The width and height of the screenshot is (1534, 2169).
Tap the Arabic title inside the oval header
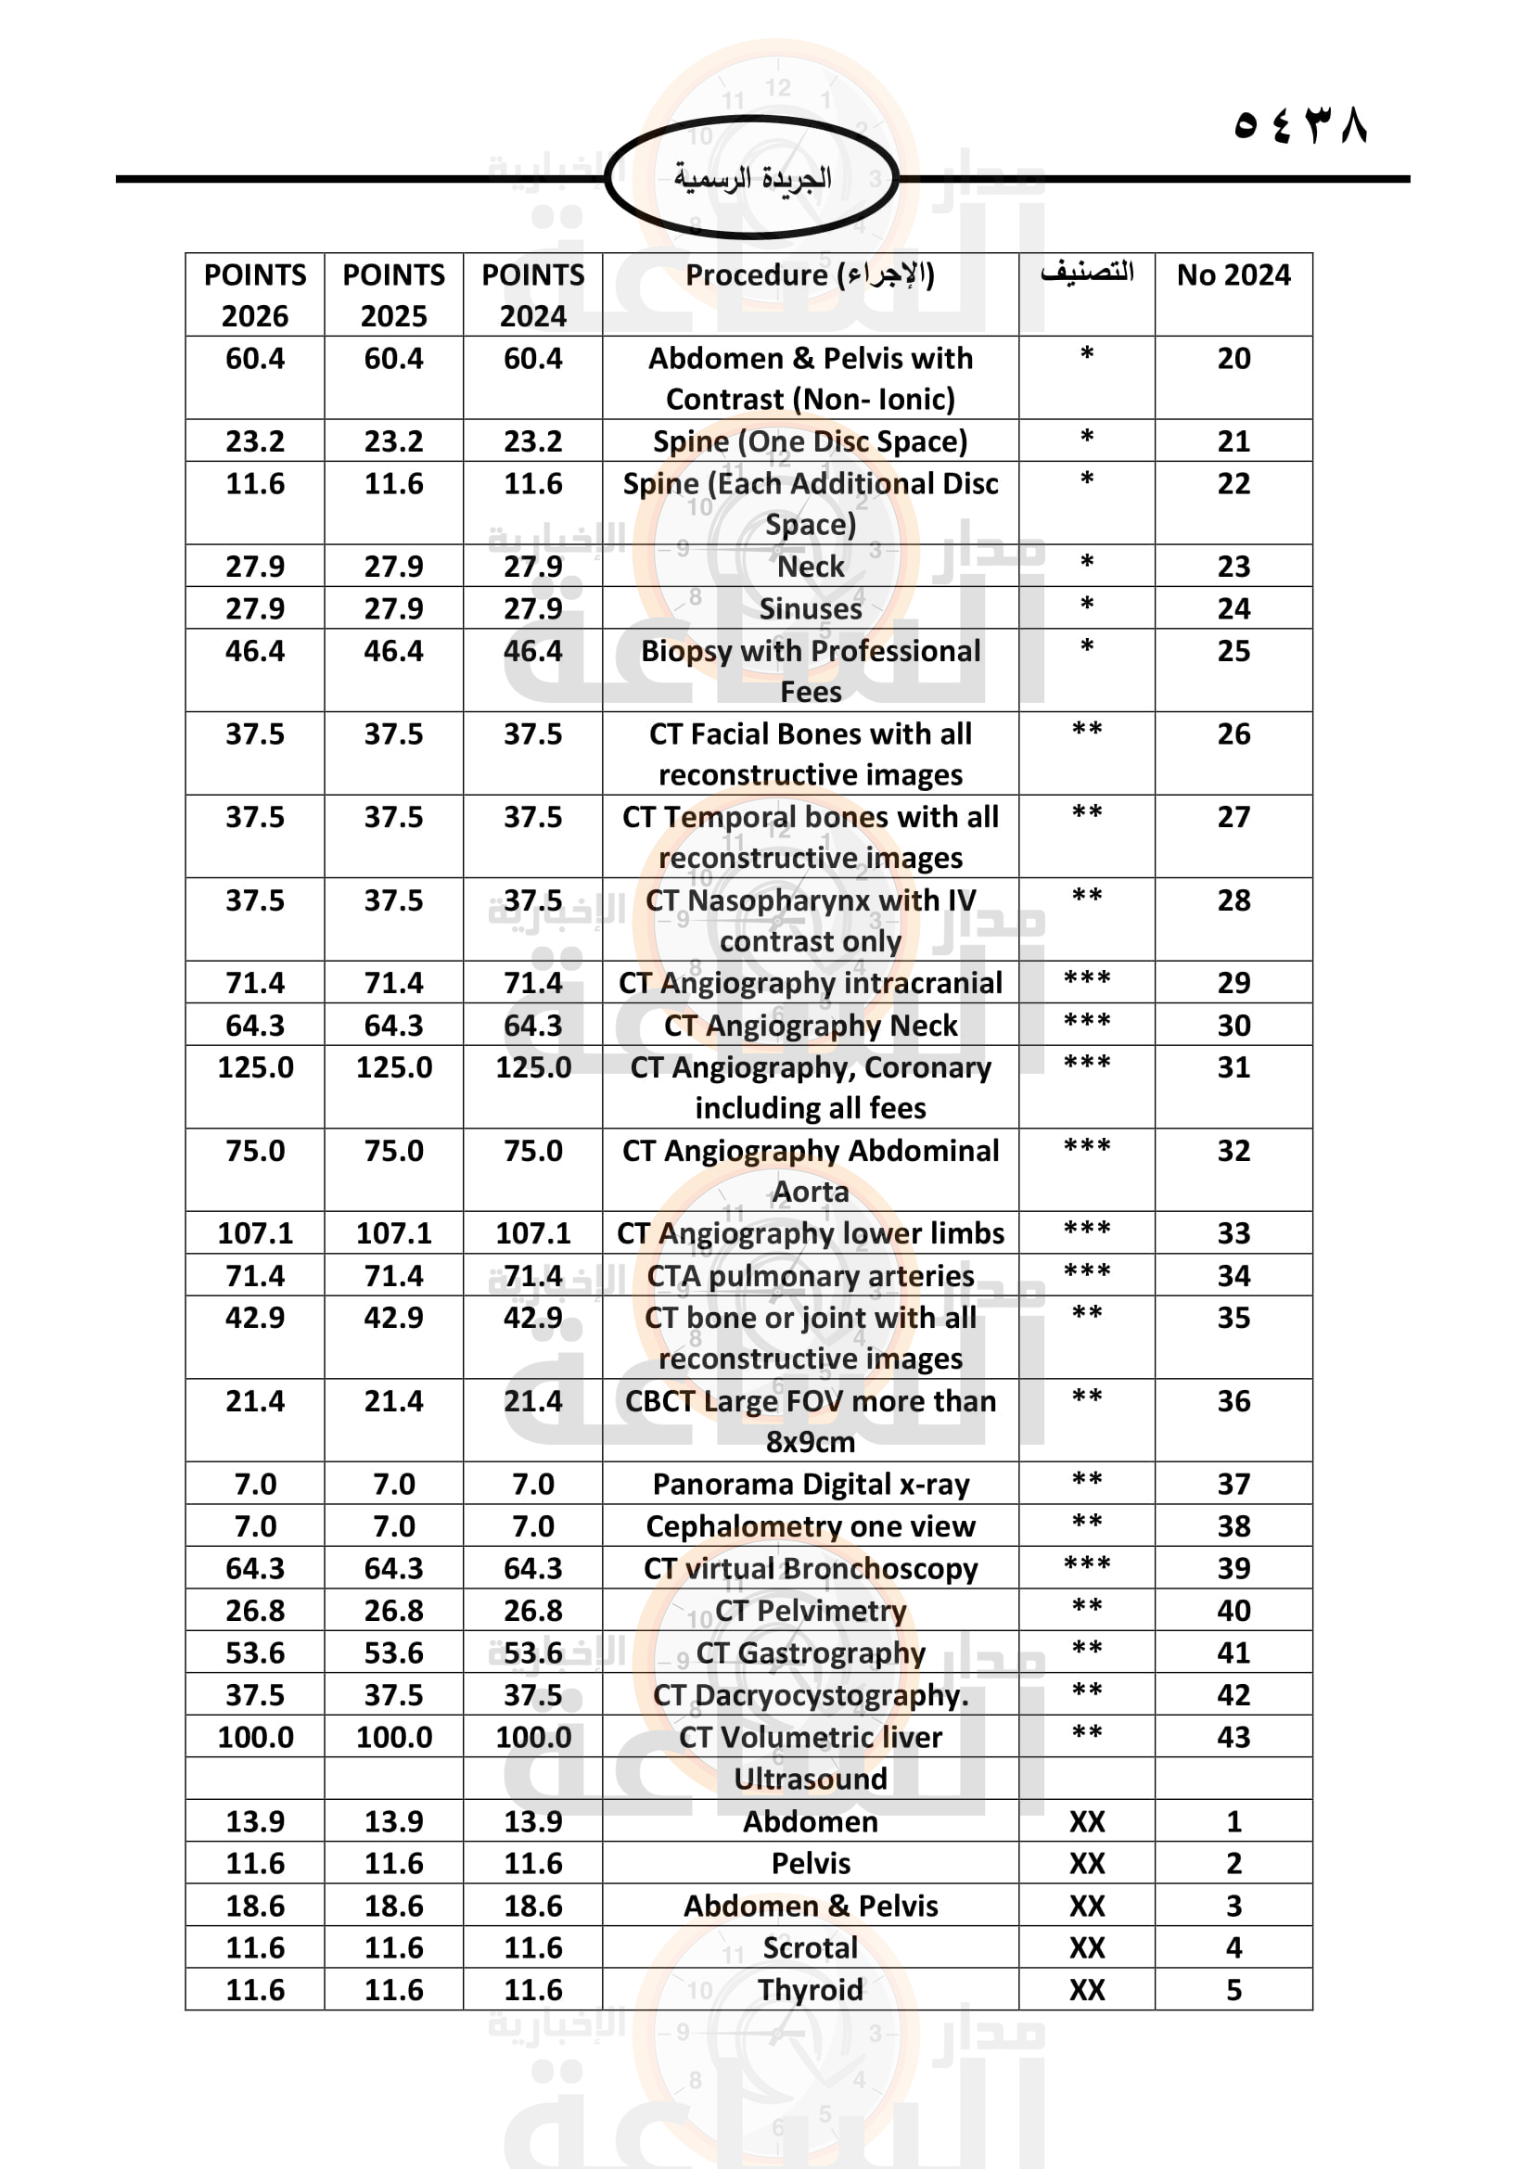click(x=752, y=178)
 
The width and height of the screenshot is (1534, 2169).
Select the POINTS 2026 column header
click(x=255, y=295)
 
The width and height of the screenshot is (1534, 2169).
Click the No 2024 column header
click(x=1233, y=274)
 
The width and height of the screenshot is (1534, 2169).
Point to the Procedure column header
click(x=810, y=274)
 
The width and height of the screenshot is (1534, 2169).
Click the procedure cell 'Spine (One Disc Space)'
click(x=810, y=441)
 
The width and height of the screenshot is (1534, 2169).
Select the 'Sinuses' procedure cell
click(x=810, y=608)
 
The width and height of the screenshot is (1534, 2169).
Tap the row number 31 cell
click(x=1233, y=1067)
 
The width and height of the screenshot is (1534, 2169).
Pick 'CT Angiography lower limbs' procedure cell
click(x=810, y=1232)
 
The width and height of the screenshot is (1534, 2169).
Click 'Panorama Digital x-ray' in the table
click(x=810, y=1484)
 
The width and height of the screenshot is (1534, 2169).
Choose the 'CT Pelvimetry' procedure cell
click(x=810, y=1610)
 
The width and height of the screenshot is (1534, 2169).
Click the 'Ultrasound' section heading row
click(x=810, y=1779)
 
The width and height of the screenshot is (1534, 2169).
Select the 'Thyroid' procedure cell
click(x=810, y=1989)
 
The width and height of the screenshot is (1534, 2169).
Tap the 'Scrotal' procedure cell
click(x=810, y=1947)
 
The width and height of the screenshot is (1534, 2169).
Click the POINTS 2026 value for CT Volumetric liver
click(x=255, y=1737)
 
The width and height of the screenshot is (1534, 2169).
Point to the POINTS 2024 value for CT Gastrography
click(x=532, y=1652)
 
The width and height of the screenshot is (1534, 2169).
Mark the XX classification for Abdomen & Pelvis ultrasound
click(x=1086, y=1906)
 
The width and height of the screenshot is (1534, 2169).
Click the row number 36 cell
click(x=1233, y=1401)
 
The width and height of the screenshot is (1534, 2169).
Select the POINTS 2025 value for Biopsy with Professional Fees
click(x=394, y=651)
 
